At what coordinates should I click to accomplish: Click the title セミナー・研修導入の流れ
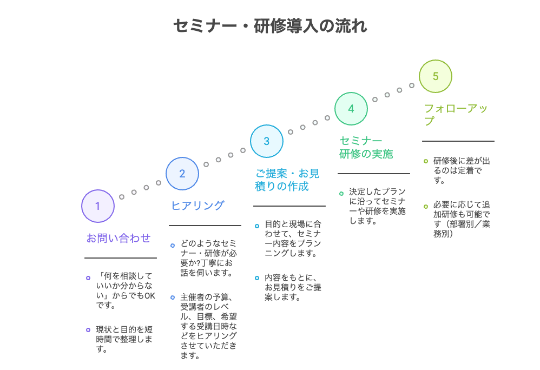(269, 26)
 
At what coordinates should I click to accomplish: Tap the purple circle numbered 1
(98, 206)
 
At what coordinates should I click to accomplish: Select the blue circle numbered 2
(182, 174)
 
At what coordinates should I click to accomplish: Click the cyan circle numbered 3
(267, 141)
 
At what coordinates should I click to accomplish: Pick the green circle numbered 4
(351, 109)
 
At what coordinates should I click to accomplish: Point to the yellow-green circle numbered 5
(436, 76)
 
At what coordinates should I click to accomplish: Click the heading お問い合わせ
(118, 238)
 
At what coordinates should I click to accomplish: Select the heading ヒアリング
(197, 206)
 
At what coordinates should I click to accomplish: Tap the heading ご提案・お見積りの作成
(287, 180)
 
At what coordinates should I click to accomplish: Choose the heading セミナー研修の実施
(366, 147)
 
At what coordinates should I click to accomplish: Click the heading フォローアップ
(456, 115)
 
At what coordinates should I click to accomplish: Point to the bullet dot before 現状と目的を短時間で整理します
(88, 329)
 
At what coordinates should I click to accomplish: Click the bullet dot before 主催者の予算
(173, 297)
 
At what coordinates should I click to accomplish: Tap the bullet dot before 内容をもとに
(257, 277)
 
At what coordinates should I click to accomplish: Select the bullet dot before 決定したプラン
(341, 193)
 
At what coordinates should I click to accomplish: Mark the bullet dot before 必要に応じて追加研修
(426, 206)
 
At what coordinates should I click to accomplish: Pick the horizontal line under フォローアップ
(458, 141)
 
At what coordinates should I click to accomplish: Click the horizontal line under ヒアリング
(205, 226)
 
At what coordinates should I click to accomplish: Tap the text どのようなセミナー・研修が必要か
(208, 258)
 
